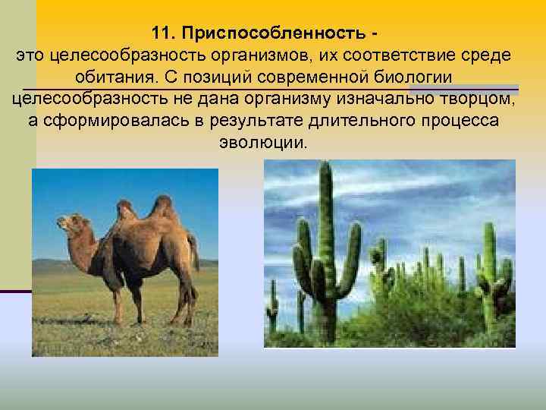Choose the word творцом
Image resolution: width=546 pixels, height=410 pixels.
[x=471, y=100]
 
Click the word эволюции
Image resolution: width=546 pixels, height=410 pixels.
[x=263, y=144]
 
